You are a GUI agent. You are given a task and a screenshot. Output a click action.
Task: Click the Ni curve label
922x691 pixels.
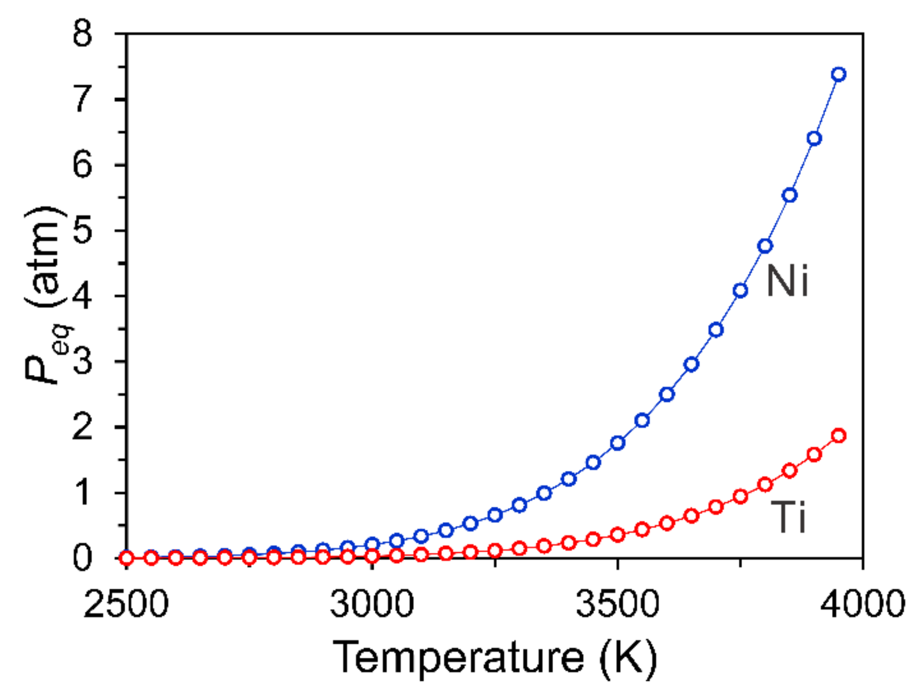click(x=787, y=281)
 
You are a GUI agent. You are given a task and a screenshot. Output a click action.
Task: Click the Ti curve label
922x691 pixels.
click(x=788, y=517)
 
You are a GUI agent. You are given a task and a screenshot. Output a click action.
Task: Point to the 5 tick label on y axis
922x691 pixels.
click(x=83, y=230)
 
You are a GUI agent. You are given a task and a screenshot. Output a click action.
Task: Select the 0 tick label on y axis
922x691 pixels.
click(x=83, y=558)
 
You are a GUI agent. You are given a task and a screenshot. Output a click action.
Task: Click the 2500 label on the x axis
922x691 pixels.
click(x=126, y=604)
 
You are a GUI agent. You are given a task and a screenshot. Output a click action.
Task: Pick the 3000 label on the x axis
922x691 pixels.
click(x=372, y=604)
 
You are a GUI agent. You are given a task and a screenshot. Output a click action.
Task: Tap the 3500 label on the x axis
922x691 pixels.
click(x=617, y=604)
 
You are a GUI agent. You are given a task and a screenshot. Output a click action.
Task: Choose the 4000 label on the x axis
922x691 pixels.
click(x=863, y=604)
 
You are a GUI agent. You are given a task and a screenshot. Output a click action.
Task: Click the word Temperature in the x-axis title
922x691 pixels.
click(x=458, y=657)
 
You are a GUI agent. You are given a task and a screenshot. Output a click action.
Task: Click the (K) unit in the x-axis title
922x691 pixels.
click(x=628, y=657)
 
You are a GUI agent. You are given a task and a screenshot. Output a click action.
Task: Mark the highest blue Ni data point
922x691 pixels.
click(x=838, y=74)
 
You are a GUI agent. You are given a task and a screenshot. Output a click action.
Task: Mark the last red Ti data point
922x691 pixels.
click(x=838, y=435)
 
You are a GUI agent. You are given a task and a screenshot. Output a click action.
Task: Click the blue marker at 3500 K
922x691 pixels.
click(x=617, y=443)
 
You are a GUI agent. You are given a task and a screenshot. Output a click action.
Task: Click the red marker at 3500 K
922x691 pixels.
click(x=617, y=535)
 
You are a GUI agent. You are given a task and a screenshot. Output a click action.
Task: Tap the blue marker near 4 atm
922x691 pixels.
click(x=740, y=290)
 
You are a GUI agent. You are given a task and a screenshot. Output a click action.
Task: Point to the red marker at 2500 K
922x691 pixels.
click(x=126, y=558)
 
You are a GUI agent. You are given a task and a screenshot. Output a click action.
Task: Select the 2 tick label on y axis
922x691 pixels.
click(x=83, y=427)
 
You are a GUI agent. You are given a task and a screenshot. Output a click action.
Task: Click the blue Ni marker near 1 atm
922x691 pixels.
click(x=544, y=493)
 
